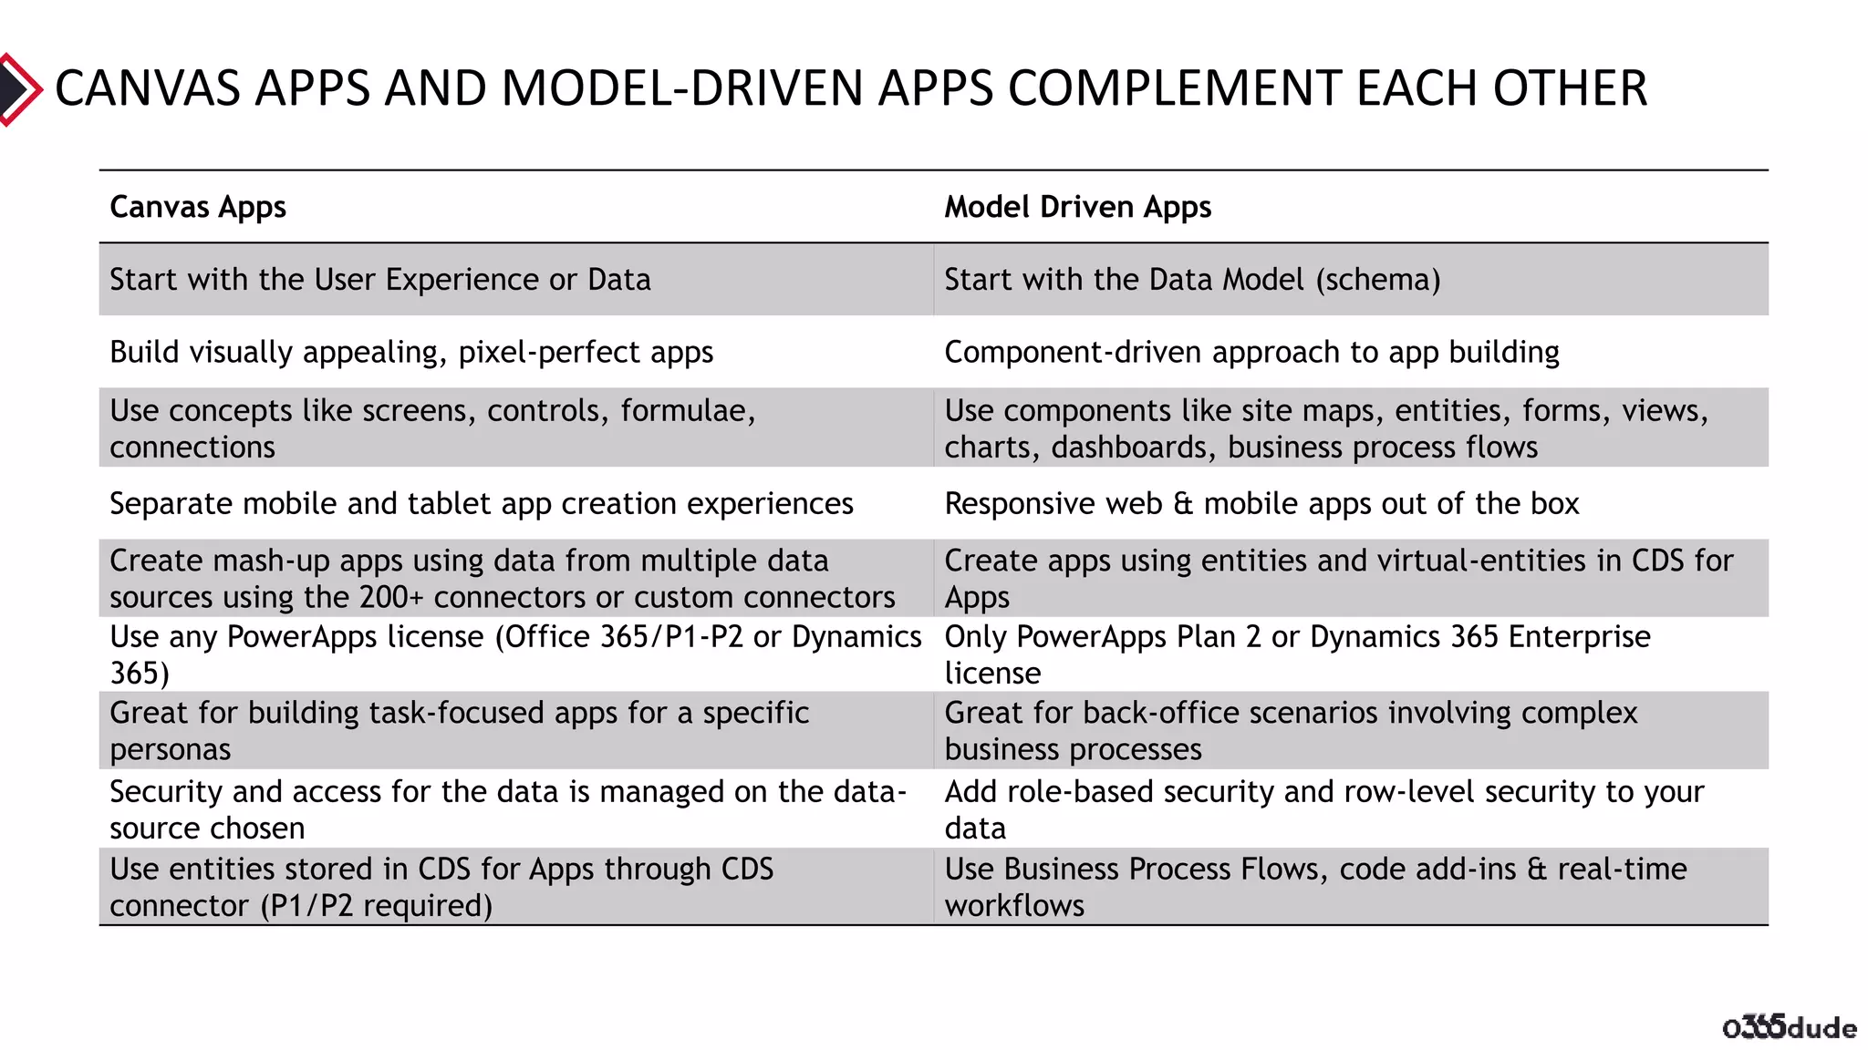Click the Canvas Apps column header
tap(198, 208)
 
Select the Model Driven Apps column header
tap(1077, 208)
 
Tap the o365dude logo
tap(1789, 1027)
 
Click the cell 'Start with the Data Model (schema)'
tap(1192, 280)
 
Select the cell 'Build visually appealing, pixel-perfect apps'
tap(411, 353)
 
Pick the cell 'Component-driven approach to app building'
tap(1251, 353)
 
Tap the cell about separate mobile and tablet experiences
tap(482, 504)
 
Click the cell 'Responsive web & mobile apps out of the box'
tap(1261, 504)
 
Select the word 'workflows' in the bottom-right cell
tap(1014, 906)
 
